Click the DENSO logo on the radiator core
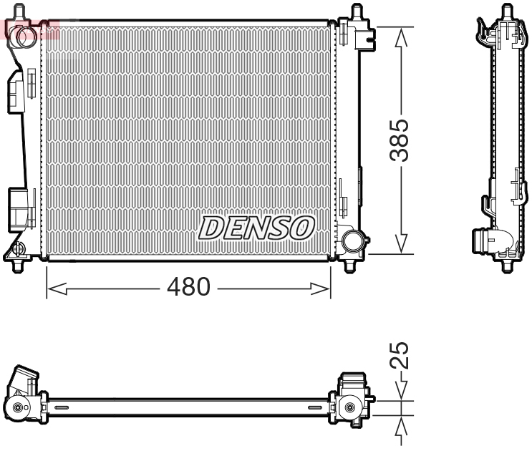pos(256,228)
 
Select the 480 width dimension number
pos(188,287)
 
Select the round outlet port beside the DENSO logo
pos(352,240)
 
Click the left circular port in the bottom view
pos(17,409)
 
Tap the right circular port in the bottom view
pos(349,407)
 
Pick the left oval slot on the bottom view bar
pos(62,408)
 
